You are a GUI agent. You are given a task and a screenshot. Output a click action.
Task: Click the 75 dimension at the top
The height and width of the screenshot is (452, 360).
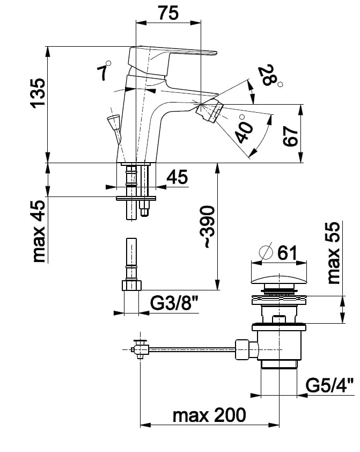[168, 13]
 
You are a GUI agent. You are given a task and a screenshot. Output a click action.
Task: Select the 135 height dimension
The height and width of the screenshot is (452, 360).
[38, 93]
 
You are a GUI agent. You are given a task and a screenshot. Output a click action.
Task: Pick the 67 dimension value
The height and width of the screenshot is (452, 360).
[290, 136]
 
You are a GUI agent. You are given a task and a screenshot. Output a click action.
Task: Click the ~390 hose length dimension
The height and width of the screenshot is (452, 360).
[208, 227]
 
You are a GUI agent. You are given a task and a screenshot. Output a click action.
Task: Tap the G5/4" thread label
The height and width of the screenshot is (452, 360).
[330, 385]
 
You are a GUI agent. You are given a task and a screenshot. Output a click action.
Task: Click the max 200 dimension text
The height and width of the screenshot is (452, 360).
[209, 415]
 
